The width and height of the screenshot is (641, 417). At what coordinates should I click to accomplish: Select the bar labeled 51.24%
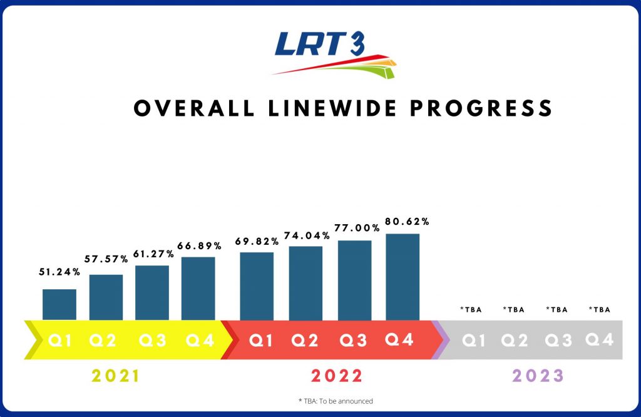(59, 304)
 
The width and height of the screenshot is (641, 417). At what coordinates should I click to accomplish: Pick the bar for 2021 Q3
(152, 292)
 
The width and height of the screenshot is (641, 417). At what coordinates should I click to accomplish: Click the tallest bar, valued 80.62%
(403, 277)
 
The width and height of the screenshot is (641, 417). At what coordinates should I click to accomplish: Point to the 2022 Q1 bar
(257, 286)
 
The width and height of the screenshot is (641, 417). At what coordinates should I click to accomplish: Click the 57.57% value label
(106, 259)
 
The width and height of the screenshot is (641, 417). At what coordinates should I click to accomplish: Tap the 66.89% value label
(198, 243)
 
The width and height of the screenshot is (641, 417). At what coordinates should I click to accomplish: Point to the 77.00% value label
(354, 227)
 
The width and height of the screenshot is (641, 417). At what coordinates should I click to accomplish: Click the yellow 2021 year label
(115, 376)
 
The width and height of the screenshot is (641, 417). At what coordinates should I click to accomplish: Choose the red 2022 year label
(337, 376)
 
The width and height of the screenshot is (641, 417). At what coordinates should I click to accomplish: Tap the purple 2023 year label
(538, 376)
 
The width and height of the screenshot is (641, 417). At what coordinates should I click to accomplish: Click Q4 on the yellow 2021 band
(200, 341)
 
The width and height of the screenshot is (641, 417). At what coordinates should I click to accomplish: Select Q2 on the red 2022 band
(305, 341)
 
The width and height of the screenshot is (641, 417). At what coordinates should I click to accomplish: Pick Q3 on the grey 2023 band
(558, 341)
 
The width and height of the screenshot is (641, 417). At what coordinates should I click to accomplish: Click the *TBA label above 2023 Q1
(471, 309)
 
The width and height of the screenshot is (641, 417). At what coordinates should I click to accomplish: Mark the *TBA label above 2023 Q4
(600, 309)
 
